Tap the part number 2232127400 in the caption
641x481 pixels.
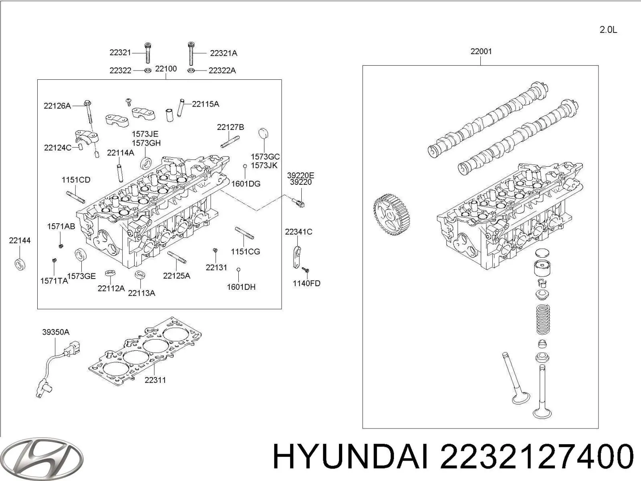pyautogui.click(x=537, y=457)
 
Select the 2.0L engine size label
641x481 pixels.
pyautogui.click(x=608, y=30)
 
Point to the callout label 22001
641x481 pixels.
pyautogui.click(x=481, y=51)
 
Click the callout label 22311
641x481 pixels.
pyautogui.click(x=155, y=380)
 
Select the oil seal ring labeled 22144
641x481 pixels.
pyautogui.click(x=20, y=265)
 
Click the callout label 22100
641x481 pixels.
pyautogui.click(x=166, y=69)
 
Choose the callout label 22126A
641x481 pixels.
pyautogui.click(x=57, y=106)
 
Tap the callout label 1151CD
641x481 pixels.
pyautogui.click(x=76, y=180)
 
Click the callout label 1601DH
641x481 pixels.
pyautogui.click(x=241, y=287)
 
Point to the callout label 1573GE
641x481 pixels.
pyautogui.click(x=81, y=276)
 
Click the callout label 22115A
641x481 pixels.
pyautogui.click(x=206, y=104)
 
